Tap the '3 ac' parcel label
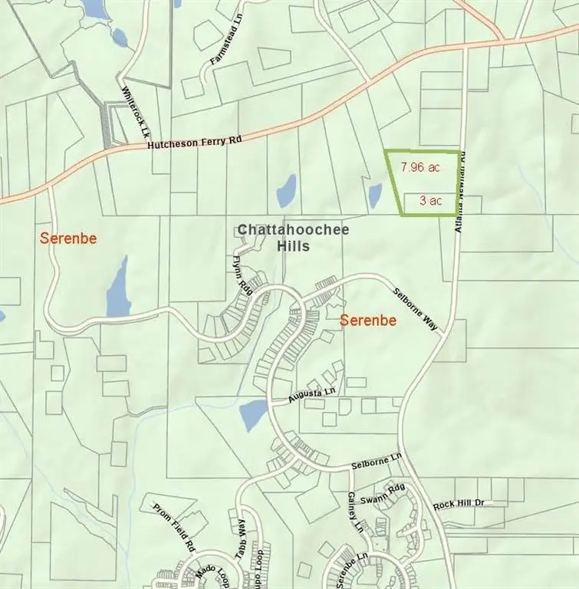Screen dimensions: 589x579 point(429,201)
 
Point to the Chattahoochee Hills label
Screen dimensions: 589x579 point(273,238)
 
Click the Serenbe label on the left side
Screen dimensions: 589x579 point(68,239)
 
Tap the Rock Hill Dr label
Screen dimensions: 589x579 point(459,505)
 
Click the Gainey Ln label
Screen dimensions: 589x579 point(355,512)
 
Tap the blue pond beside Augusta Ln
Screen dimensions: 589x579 point(253,415)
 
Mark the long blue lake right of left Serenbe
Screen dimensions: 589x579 point(118,288)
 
